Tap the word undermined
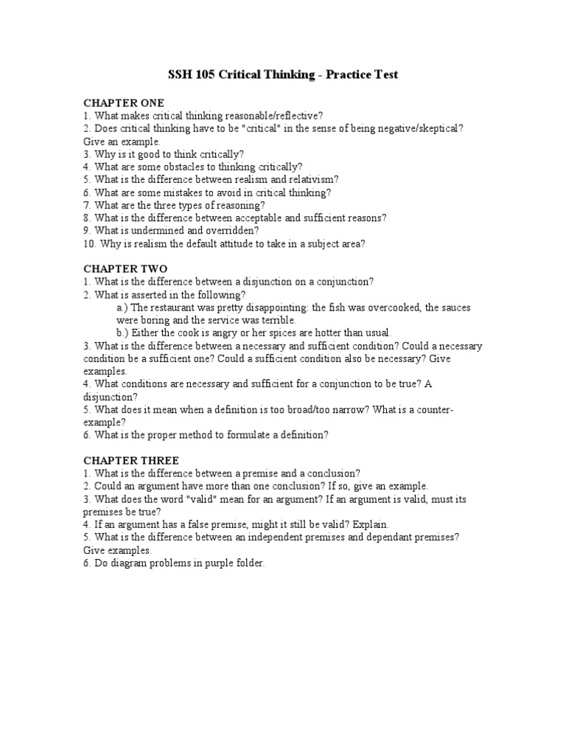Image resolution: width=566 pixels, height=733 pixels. (158, 230)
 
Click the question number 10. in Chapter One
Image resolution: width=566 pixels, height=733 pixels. (89, 243)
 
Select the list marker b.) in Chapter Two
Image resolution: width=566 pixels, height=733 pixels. (123, 333)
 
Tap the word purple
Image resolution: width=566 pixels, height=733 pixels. (207, 563)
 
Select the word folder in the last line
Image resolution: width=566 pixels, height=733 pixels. (245, 563)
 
